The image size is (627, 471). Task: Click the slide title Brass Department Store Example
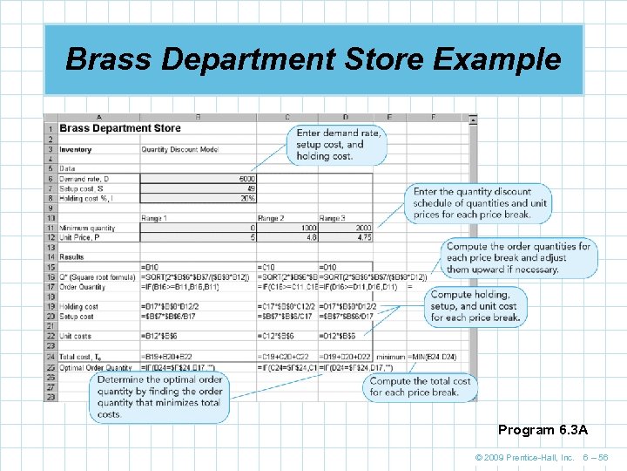click(x=313, y=59)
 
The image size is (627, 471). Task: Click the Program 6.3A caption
click(x=543, y=430)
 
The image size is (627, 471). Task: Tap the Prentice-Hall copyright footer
click(x=523, y=458)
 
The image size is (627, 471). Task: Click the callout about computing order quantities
click(x=518, y=257)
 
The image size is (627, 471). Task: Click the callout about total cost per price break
click(x=420, y=386)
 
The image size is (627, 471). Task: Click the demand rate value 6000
click(x=245, y=178)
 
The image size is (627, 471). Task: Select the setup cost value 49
click(x=248, y=188)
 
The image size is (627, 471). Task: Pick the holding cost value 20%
click(x=246, y=198)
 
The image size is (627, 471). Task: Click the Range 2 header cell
click(x=271, y=218)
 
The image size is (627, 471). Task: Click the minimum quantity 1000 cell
click(x=303, y=228)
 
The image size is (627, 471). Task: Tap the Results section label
click(x=71, y=257)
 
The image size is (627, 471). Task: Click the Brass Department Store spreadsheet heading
click(x=120, y=128)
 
